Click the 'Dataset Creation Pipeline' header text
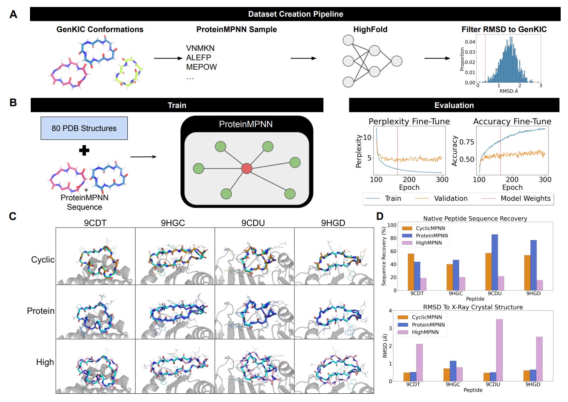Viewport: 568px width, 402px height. (296, 14)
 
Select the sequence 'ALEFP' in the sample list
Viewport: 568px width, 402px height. (199, 57)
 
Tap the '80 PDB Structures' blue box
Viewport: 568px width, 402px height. (84, 128)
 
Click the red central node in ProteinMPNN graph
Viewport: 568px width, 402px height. (247, 168)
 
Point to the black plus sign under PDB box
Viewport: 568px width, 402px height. (84, 150)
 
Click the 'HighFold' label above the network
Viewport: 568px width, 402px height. (370, 30)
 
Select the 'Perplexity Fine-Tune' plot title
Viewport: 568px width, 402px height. (409, 121)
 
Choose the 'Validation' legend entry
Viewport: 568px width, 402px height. (450, 199)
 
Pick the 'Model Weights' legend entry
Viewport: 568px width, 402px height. (525, 199)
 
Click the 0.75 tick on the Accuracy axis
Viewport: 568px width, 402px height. (467, 142)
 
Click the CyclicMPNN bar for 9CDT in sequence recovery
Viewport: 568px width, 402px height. (411, 272)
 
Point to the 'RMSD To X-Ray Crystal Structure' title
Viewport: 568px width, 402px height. (473, 307)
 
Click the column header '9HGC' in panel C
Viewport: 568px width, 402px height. (173, 223)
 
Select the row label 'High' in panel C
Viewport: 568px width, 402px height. (45, 362)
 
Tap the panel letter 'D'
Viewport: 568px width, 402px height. (380, 216)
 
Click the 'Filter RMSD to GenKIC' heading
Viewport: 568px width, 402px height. (504, 30)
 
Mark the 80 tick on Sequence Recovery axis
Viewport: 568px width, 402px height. (393, 238)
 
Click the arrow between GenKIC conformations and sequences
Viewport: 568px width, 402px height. (168, 58)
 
